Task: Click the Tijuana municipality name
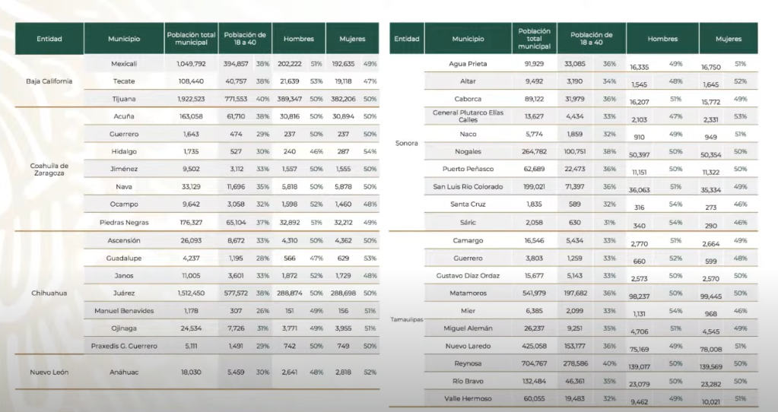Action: coord(123,99)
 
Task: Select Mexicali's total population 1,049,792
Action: coord(191,64)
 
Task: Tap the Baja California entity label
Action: coord(49,81)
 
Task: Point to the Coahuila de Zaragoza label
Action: coord(49,170)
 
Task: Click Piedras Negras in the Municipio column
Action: coord(123,223)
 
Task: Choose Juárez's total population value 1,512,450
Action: coord(191,293)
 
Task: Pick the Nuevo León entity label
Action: coord(49,372)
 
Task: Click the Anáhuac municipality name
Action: coord(123,372)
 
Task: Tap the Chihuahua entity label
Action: coord(49,293)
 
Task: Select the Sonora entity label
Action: coord(406,143)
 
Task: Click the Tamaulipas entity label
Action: coord(406,320)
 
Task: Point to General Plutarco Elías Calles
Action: coord(468,116)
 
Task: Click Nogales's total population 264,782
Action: coord(534,152)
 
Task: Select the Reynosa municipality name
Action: coord(468,363)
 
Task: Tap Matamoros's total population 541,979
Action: coord(534,293)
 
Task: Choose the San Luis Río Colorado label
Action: coord(468,187)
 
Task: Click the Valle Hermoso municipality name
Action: coord(468,398)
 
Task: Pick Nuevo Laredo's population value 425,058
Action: coord(534,346)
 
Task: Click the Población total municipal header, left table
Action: coord(191,39)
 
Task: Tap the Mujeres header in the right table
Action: coord(729,39)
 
